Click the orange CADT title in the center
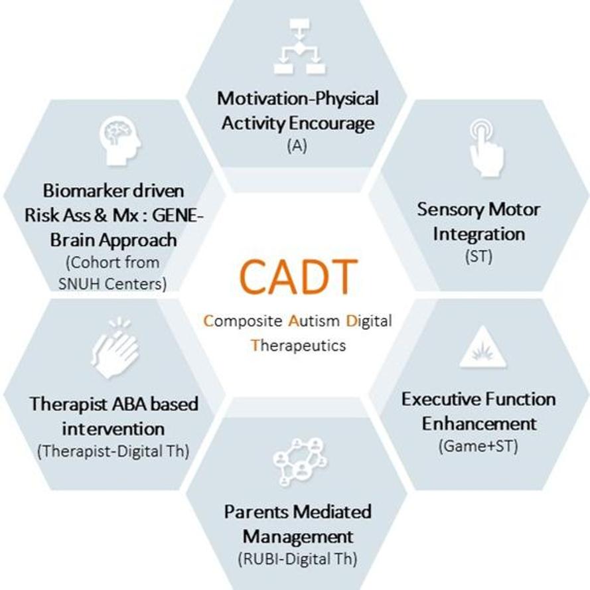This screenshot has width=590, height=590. (298, 277)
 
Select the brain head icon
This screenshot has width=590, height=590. (120, 140)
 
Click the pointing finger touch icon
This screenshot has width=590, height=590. (486, 147)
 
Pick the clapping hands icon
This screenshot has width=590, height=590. (115, 348)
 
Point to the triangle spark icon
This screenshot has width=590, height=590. (482, 347)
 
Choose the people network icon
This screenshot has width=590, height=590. (300, 461)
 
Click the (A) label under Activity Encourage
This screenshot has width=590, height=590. (297, 145)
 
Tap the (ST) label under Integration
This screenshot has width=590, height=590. (479, 257)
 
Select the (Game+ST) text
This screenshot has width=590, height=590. (479, 446)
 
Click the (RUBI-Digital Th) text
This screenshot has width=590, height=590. (297, 559)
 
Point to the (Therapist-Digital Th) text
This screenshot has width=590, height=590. (113, 451)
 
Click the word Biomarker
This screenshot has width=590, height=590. (86, 190)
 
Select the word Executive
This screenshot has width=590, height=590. (441, 399)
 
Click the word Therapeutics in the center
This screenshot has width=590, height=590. (299, 345)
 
